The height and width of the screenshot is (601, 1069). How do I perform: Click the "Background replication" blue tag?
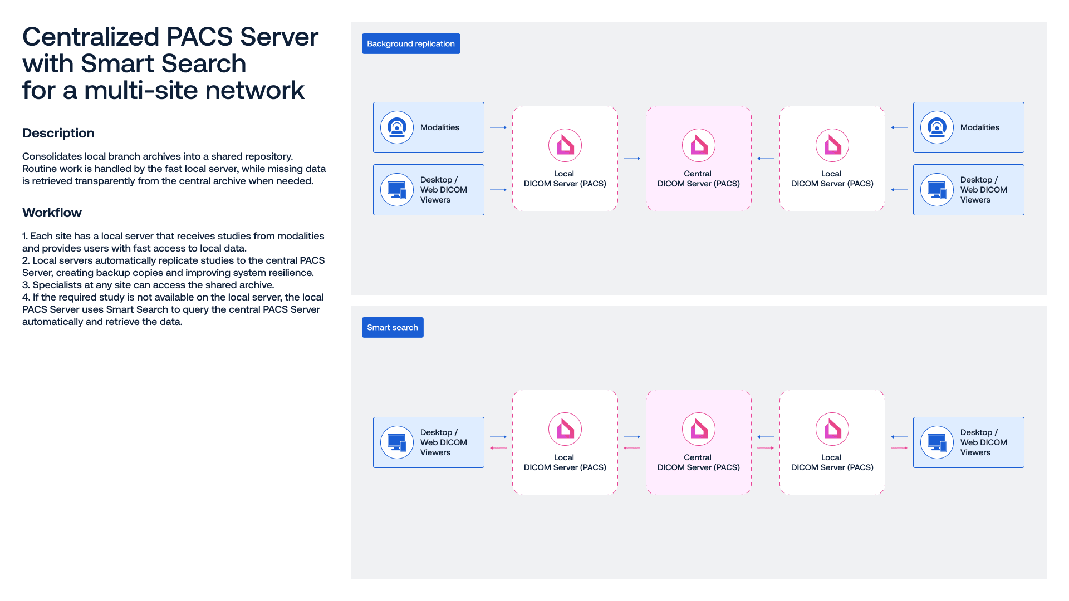pos(411,43)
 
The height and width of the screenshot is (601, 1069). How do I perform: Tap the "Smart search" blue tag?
pos(393,327)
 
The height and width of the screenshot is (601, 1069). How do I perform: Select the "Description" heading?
pos(58,133)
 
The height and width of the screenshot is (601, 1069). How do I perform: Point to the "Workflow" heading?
pos(52,213)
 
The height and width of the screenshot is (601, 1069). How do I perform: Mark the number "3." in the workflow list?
pos(26,285)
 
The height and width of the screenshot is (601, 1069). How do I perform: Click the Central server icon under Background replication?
pos(699,145)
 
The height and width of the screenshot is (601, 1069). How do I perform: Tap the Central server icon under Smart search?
pos(699,429)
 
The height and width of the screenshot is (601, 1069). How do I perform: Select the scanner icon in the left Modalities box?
pos(397,127)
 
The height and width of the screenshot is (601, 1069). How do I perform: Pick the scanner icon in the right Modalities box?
pos(937,127)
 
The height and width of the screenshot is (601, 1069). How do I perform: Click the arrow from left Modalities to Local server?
pos(498,127)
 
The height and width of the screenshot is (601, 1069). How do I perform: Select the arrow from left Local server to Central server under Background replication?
pos(632,159)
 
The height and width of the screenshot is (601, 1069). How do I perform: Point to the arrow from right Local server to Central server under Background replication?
pos(766,159)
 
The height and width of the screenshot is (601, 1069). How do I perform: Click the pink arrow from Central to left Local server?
pos(632,448)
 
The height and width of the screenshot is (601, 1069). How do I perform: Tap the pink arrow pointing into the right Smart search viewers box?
pos(899,448)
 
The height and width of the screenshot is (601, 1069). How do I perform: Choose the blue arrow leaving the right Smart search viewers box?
pos(899,437)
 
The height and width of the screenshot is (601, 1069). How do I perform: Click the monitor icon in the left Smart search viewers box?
pos(397,442)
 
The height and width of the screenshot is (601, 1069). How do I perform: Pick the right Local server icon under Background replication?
pos(832,145)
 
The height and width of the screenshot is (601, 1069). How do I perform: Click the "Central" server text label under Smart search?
pos(698,457)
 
